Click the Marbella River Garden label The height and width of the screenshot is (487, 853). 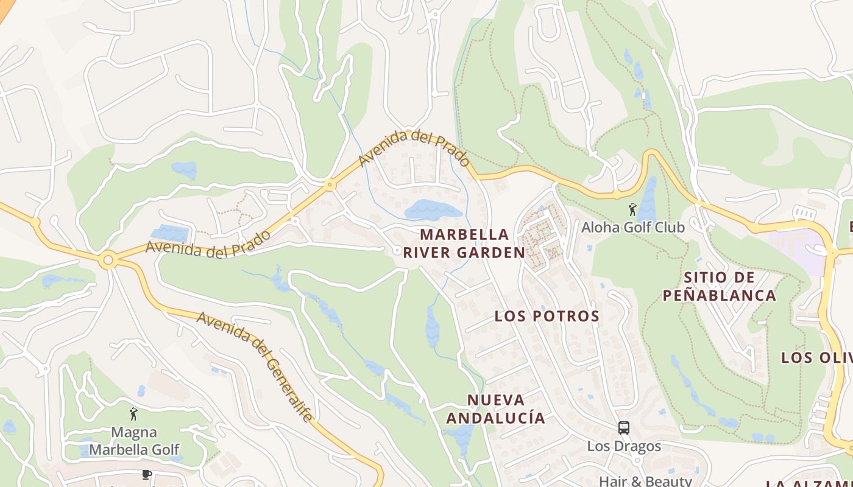click(464, 243)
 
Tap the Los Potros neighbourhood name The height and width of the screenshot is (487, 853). click(547, 316)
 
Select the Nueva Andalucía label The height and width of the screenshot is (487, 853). click(495, 408)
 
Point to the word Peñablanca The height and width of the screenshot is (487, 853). click(719, 296)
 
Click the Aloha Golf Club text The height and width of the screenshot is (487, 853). click(633, 227)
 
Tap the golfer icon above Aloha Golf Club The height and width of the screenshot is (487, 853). click(632, 209)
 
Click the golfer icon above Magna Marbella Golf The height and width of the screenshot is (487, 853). click(133, 414)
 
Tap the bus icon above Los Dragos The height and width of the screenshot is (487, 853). click(623, 427)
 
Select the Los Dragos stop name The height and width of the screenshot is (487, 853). click(623, 446)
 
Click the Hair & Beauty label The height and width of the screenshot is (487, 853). click(645, 481)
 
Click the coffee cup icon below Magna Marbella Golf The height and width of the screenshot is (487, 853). click(146, 474)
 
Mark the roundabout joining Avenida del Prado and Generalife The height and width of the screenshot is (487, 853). click(108, 261)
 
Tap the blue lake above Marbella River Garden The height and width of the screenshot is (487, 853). click(433, 210)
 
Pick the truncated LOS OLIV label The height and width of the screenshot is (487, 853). click(816, 357)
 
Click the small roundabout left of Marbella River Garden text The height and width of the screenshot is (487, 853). click(397, 250)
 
